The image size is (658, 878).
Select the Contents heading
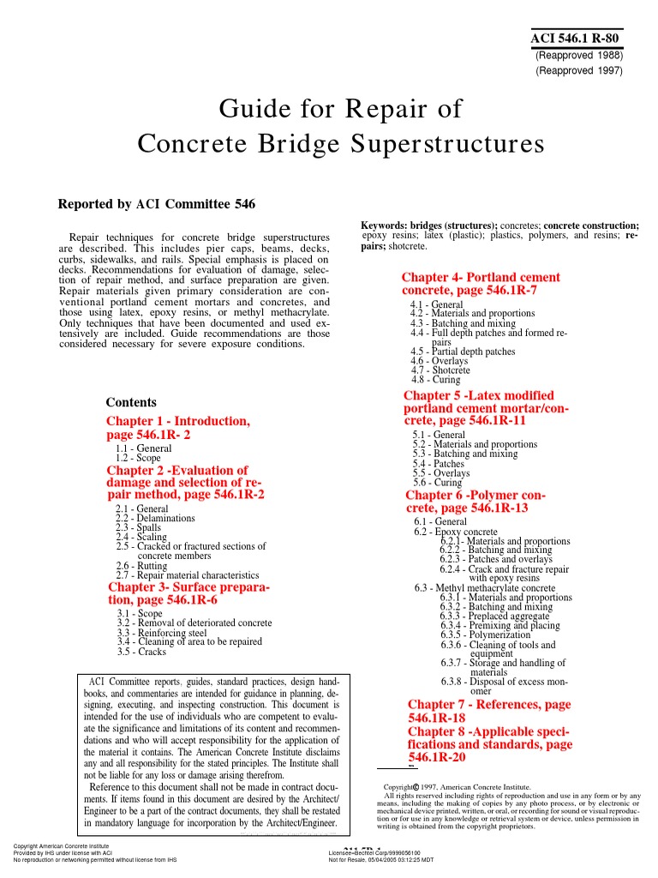(x=131, y=403)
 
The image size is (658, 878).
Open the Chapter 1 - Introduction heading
(x=178, y=422)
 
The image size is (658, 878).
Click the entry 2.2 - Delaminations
(x=155, y=519)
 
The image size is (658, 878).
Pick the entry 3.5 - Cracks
(x=141, y=652)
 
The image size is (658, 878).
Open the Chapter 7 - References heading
(x=488, y=705)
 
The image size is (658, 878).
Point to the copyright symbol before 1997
(x=416, y=786)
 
